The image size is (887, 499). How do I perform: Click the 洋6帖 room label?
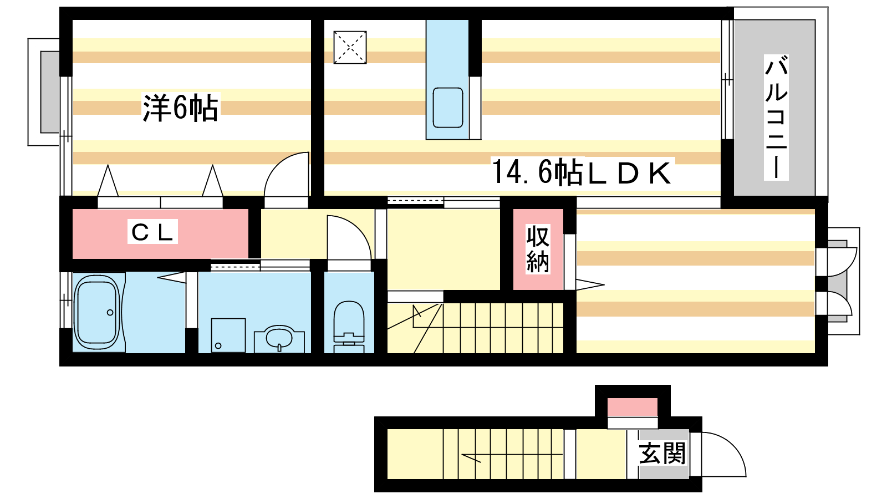180,108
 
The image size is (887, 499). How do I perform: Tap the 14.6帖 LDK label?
582,172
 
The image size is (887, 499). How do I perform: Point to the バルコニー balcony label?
776,117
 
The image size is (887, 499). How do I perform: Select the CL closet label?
152,232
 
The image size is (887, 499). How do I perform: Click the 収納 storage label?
538,249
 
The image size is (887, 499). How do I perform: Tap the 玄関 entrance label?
662,453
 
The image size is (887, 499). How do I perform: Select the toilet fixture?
349,324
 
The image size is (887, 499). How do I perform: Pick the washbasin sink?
279,338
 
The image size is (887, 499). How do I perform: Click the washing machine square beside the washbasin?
228,335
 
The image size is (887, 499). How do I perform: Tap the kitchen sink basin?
447,108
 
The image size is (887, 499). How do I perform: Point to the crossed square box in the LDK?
350,47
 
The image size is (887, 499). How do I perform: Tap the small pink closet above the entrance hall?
633,407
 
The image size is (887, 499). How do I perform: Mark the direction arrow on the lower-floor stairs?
471,457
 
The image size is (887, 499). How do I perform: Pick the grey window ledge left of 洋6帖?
49,92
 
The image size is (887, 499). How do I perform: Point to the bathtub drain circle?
110,313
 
